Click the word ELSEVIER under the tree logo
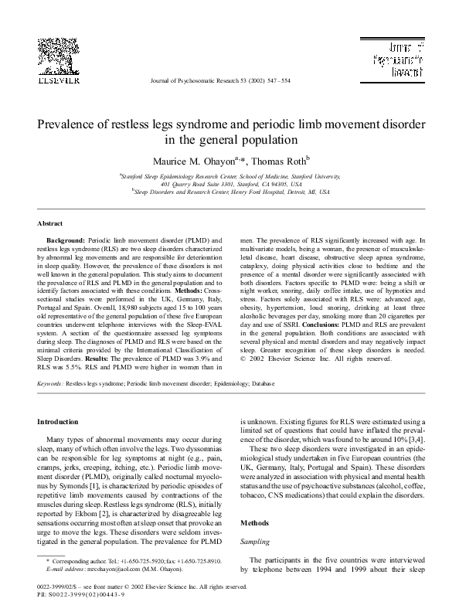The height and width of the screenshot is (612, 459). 58,78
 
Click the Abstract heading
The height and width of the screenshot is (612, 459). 50,223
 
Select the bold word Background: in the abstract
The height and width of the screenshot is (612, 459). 67,241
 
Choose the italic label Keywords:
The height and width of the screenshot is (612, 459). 50,382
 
